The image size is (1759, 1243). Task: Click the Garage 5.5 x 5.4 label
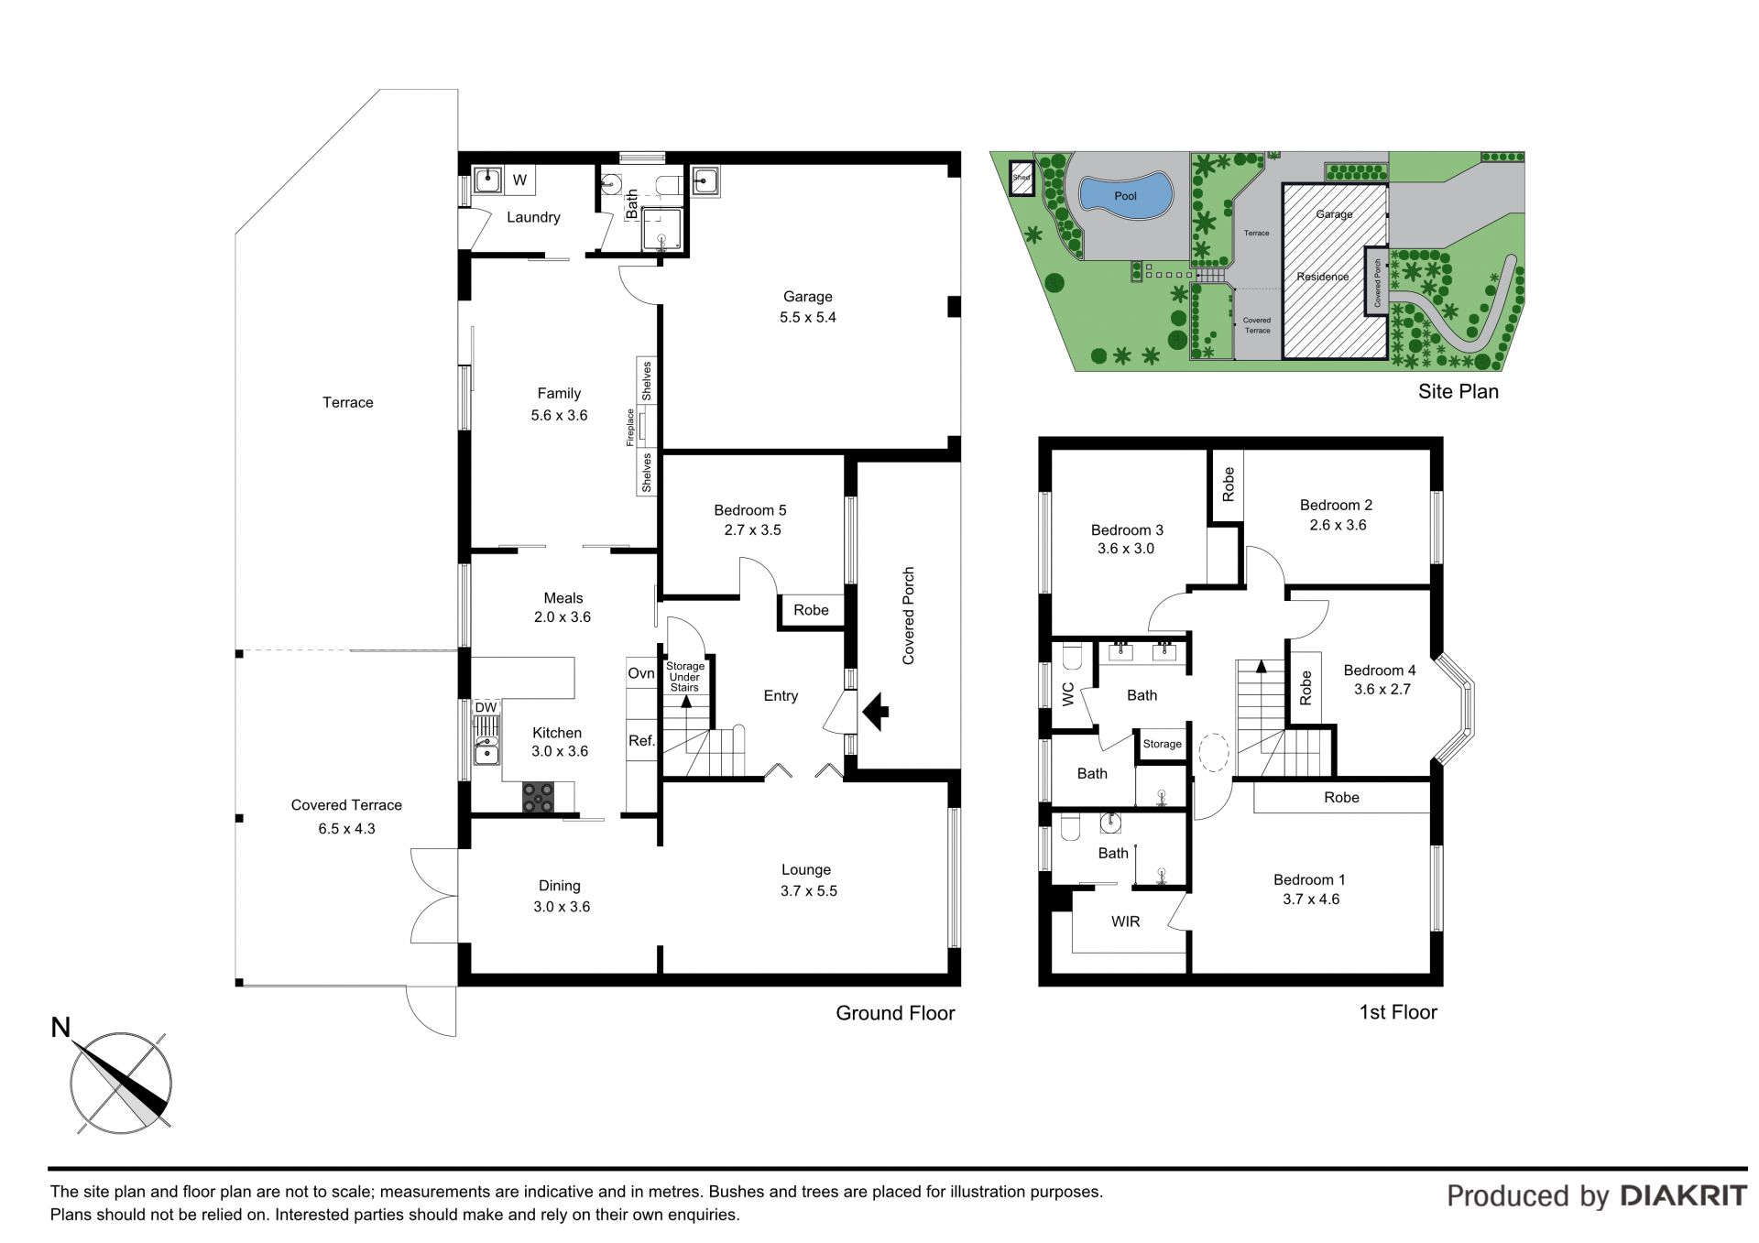807,307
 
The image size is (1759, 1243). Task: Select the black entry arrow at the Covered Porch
875,711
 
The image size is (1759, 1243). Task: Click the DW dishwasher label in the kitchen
486,708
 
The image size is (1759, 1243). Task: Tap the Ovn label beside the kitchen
641,673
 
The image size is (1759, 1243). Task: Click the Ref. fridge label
641,741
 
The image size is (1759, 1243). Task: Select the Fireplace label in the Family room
630,427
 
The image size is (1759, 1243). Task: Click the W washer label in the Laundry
519,180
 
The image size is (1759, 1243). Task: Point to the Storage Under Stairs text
684,677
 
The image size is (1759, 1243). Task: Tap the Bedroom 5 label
750,510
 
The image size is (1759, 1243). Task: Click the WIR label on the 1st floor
1126,921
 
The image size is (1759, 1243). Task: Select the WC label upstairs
1067,694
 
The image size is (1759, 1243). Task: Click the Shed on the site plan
1022,178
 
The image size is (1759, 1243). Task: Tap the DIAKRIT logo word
1684,1195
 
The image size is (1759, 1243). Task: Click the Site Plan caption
1459,391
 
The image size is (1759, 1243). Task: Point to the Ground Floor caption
895,1013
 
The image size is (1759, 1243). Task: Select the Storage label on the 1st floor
1163,744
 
